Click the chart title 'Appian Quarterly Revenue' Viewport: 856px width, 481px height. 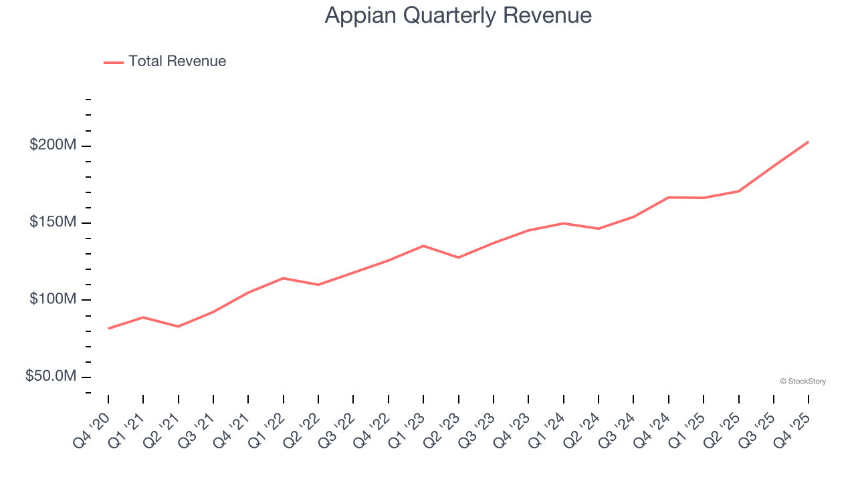tap(458, 15)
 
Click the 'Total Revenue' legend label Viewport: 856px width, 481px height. tap(177, 61)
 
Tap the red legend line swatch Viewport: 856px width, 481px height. tap(114, 62)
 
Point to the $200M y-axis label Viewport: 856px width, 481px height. tap(53, 145)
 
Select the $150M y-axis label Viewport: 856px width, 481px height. tap(53, 222)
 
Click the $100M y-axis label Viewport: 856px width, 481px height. tap(53, 299)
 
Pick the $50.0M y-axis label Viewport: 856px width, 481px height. tap(51, 377)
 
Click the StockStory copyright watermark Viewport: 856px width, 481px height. tap(802, 381)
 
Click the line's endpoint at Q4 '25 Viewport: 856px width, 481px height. tap(809, 142)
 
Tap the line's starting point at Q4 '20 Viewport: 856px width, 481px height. tap(108, 329)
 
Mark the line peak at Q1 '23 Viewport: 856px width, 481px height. tap(423, 246)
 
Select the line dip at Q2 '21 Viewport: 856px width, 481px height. tap(179, 327)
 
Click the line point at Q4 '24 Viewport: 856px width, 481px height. tap(669, 197)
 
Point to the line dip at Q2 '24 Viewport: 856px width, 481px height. tap(599, 228)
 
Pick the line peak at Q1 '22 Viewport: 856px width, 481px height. tap(284, 278)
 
